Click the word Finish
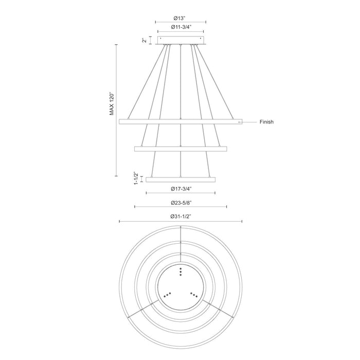[x=266, y=122]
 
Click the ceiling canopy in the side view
[x=181, y=40]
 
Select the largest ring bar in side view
[x=181, y=122]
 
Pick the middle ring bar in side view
[x=181, y=149]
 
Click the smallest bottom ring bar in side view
[x=181, y=179]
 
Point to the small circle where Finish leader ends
[x=239, y=122]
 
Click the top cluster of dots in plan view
[x=181, y=272]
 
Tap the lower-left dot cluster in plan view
[x=167, y=294]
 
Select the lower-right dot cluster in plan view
[x=194, y=294]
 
